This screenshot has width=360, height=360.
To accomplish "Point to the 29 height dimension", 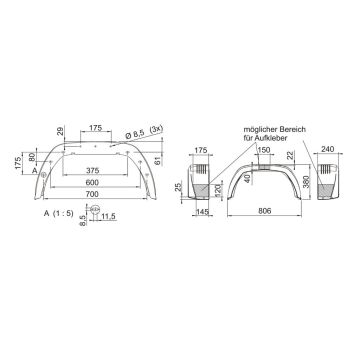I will tap(60, 132).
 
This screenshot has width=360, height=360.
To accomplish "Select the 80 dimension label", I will tap(35, 156).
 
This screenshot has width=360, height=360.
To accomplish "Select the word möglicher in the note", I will tap(257, 129).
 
